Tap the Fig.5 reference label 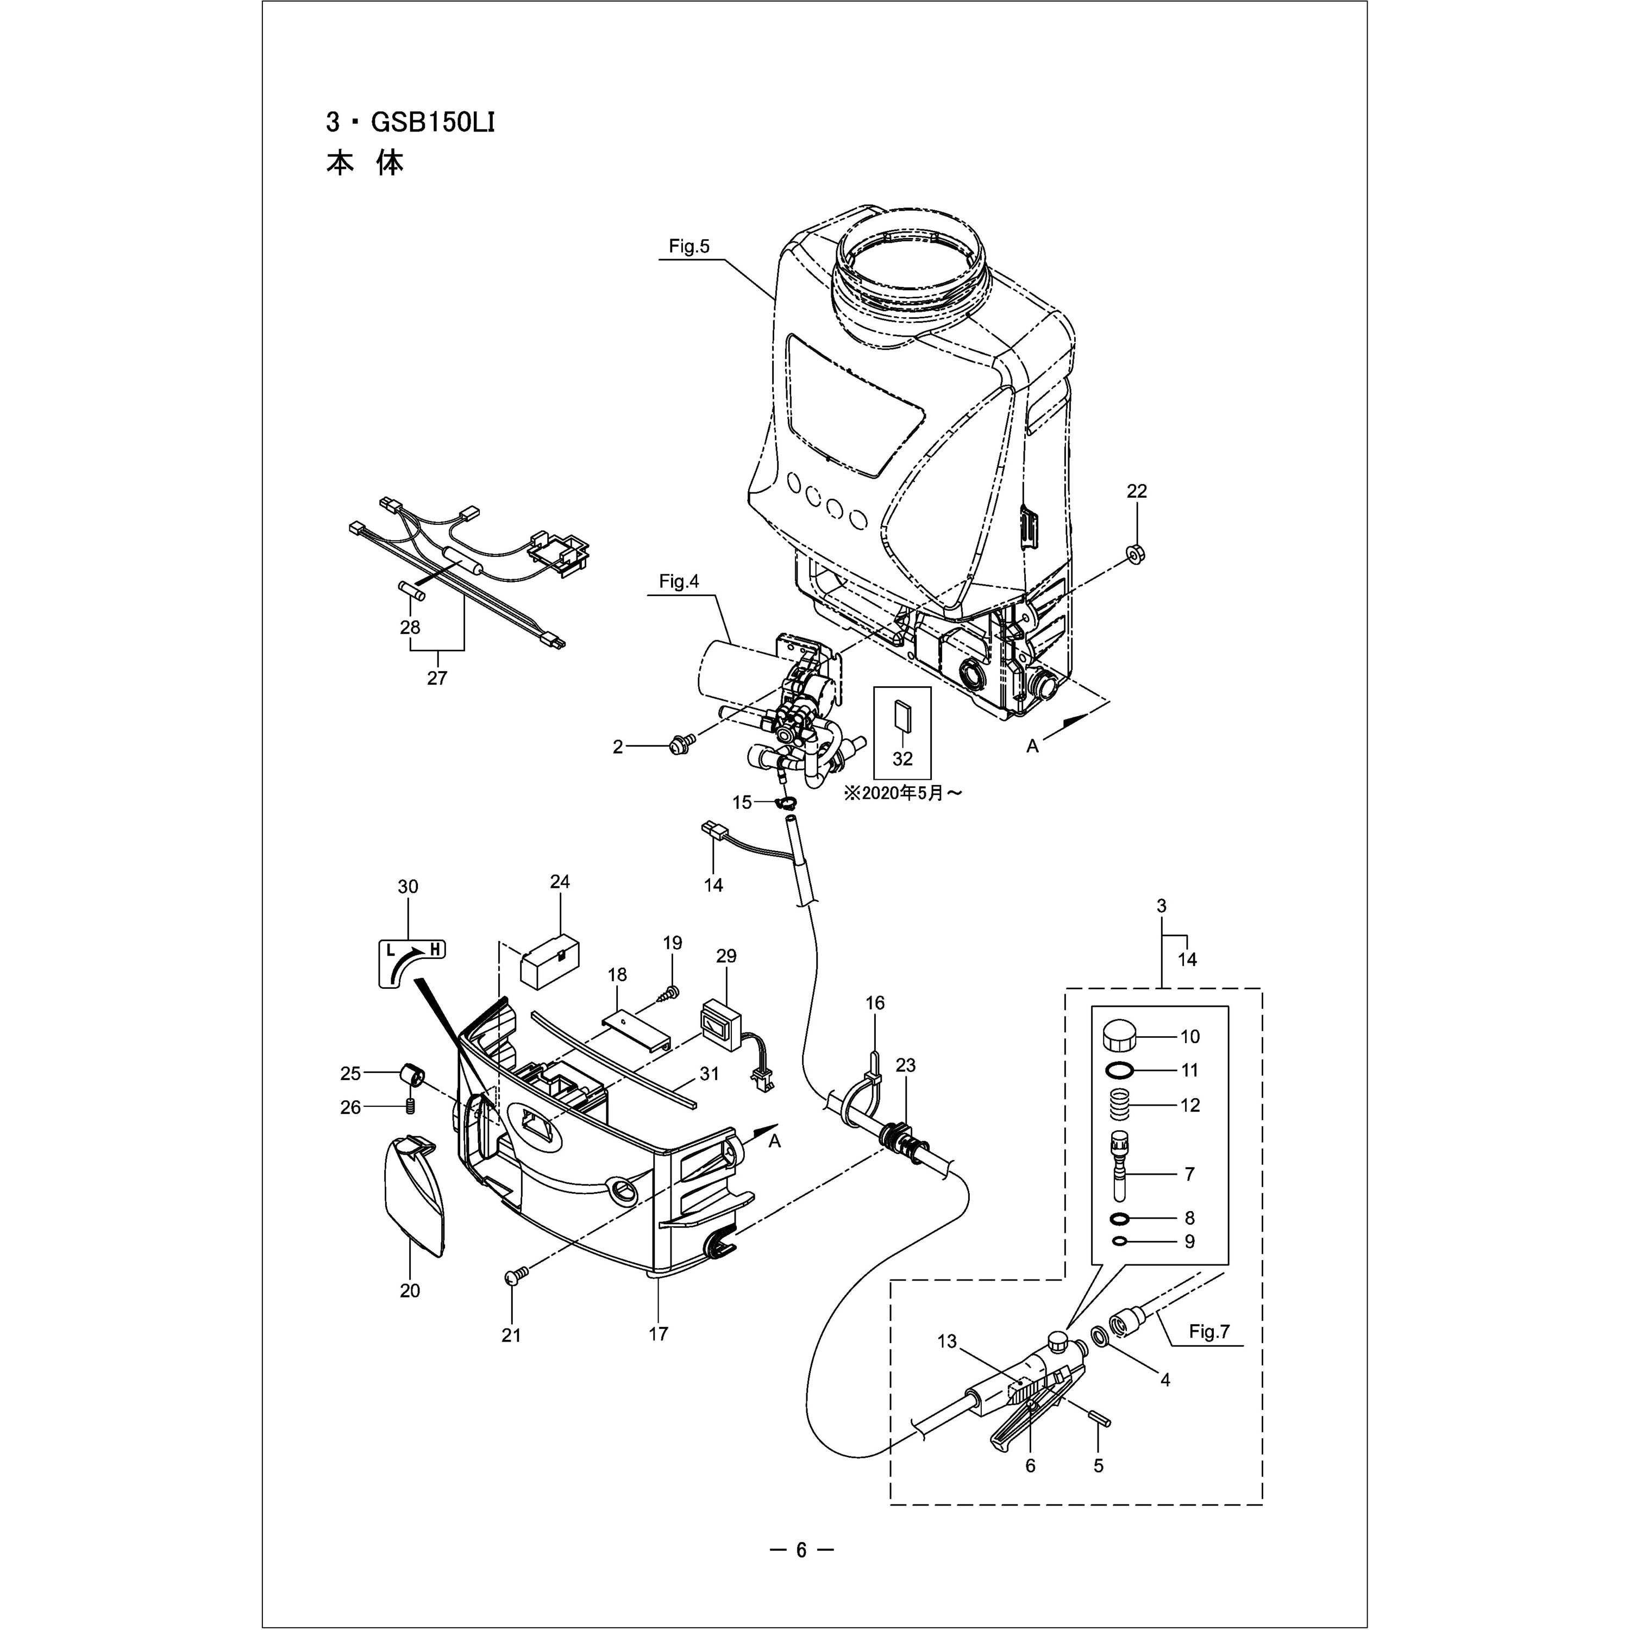[689, 246]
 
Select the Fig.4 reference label [679, 581]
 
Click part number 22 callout [1137, 491]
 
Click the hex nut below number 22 [1136, 554]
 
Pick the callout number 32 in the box [902, 758]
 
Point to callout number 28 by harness [411, 627]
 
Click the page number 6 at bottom [801, 1549]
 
